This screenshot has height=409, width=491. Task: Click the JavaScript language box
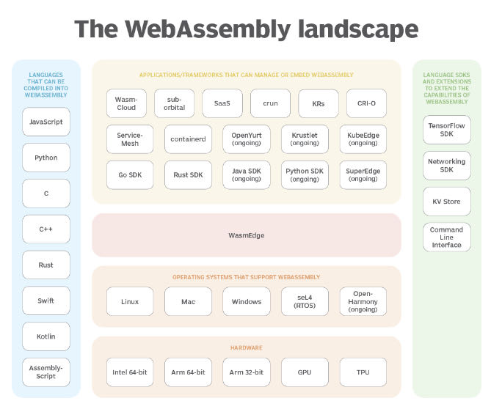(x=46, y=122)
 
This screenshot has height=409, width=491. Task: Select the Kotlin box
(x=46, y=336)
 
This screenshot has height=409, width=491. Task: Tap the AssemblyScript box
(x=46, y=372)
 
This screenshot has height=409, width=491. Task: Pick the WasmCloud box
(x=126, y=103)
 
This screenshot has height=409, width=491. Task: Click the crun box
(x=270, y=103)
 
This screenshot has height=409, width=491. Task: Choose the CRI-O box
(x=361, y=103)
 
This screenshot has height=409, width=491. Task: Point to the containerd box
(x=188, y=139)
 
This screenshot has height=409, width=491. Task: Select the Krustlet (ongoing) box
(x=305, y=139)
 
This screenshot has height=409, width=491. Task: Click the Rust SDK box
(x=188, y=175)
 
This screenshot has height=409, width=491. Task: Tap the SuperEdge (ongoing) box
(x=363, y=175)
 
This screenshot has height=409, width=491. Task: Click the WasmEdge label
(x=247, y=235)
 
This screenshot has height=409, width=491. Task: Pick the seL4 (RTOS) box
(x=305, y=301)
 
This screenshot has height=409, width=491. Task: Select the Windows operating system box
(x=247, y=301)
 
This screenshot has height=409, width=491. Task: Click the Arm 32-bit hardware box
(x=247, y=372)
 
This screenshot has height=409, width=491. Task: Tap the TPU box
(x=363, y=372)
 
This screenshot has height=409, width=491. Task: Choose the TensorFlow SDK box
(x=446, y=130)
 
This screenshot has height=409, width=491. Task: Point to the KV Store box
(x=446, y=201)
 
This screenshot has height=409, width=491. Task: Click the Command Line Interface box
(x=446, y=237)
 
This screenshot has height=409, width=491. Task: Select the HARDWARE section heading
(x=247, y=347)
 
